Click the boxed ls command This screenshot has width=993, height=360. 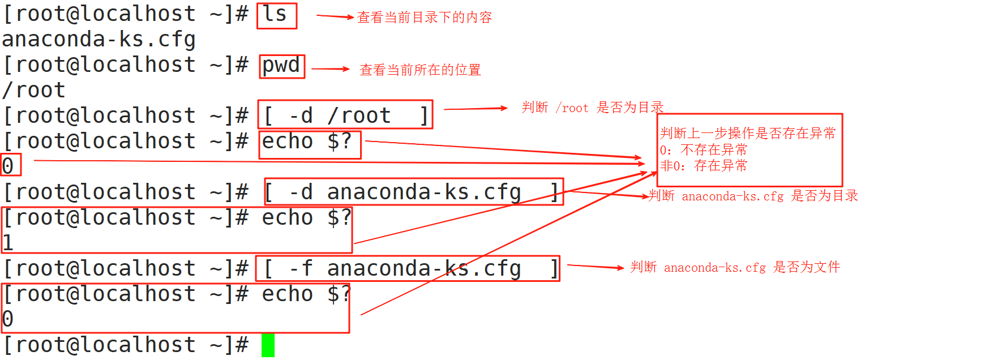(x=276, y=15)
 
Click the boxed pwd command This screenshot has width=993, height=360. (x=282, y=66)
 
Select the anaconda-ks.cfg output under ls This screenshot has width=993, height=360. (x=99, y=40)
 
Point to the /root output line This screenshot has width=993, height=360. (x=34, y=91)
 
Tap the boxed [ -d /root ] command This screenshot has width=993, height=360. (x=345, y=115)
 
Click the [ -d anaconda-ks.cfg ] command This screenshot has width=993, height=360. (x=413, y=192)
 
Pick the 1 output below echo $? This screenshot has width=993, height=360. (x=8, y=243)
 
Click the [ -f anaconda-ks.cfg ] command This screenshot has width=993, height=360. (x=408, y=268)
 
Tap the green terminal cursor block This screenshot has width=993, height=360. (x=268, y=345)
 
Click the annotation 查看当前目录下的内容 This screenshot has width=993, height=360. (x=425, y=18)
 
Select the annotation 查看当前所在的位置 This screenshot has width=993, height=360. (x=420, y=70)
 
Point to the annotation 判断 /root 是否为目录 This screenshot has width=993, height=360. (x=592, y=108)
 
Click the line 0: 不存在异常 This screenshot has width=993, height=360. (x=703, y=150)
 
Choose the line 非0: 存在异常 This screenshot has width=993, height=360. (x=703, y=166)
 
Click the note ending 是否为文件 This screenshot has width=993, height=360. (x=735, y=267)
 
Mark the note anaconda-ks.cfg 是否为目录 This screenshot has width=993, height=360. (x=753, y=196)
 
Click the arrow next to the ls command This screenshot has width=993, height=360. (x=335, y=17)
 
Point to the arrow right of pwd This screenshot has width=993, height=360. (x=331, y=69)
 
